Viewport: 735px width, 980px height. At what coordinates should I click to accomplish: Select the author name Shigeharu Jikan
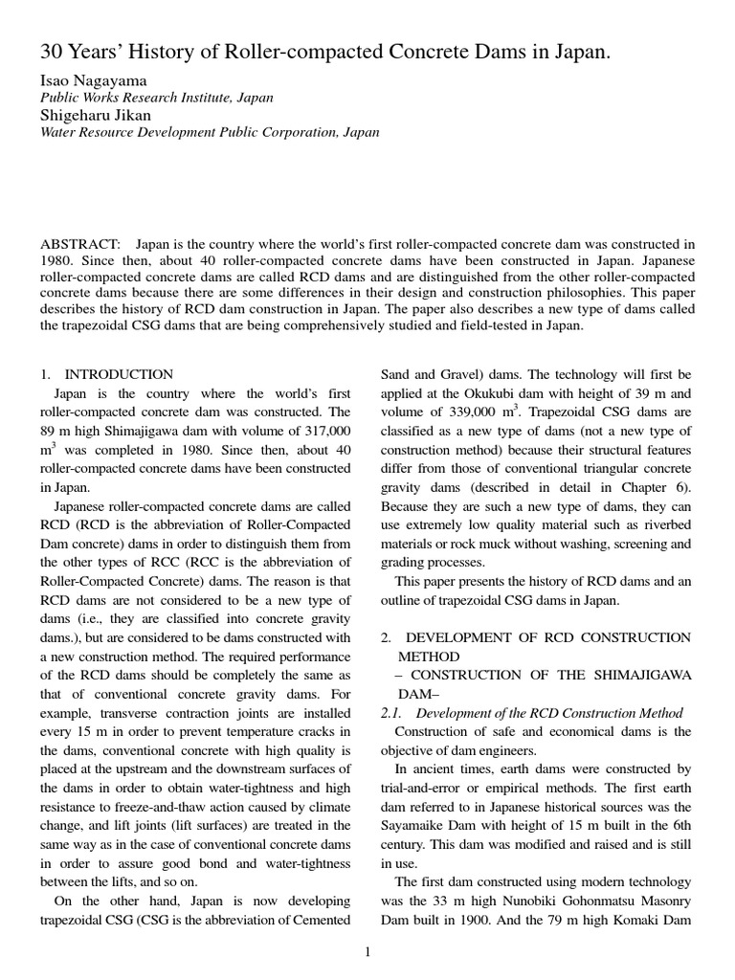point(96,115)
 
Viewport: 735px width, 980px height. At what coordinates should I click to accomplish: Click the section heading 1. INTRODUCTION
point(106,374)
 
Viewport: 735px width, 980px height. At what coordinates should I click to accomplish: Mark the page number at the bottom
point(367,952)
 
